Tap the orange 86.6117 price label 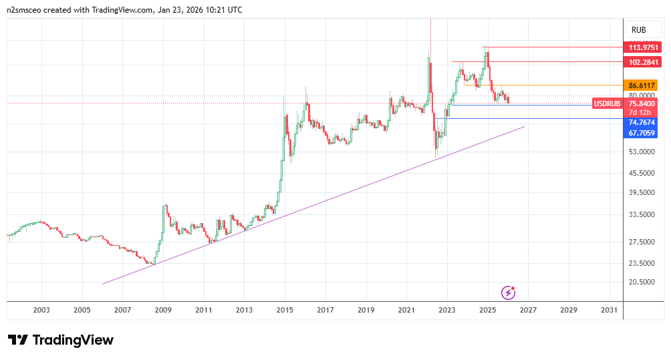point(642,85)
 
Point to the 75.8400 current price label point(642,104)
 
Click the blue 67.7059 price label point(642,133)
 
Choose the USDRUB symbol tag point(608,104)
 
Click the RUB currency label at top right point(638,29)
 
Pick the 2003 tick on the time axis point(41,310)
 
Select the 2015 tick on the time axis point(285,310)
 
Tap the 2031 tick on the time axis point(609,310)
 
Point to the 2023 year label point(446,310)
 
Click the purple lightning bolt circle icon point(509,292)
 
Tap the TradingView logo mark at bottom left point(17,340)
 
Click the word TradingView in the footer point(73,340)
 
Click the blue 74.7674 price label point(642,122)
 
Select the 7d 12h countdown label point(642,112)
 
